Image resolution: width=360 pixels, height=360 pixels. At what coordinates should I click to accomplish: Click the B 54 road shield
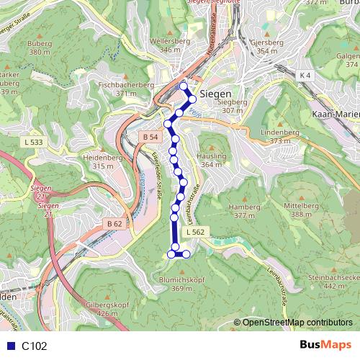point(150,137)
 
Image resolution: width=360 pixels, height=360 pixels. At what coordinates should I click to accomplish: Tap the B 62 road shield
point(114,224)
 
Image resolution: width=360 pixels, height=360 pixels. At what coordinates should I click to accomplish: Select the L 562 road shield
point(195,232)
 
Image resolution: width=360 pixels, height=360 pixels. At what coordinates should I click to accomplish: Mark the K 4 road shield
point(306,74)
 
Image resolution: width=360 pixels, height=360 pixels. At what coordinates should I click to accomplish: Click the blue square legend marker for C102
point(9,346)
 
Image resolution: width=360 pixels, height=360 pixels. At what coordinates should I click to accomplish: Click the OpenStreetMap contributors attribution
point(297,322)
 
